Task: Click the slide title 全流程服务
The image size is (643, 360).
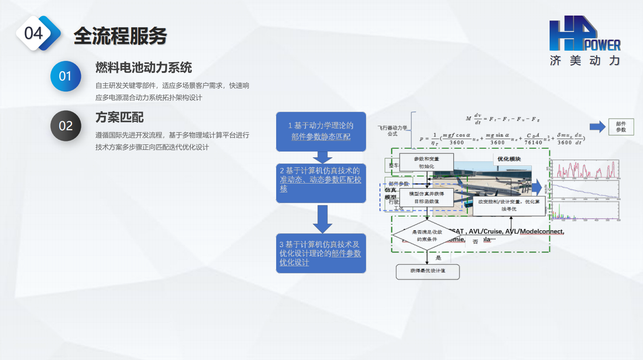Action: (120, 35)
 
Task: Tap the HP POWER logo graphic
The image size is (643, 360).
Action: (583, 34)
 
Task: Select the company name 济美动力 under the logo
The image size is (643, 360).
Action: (584, 61)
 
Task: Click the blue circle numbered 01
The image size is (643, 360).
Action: (65, 76)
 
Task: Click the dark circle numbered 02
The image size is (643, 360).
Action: (65, 126)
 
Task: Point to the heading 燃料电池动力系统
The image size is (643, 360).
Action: (144, 68)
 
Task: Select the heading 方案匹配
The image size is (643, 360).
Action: (120, 117)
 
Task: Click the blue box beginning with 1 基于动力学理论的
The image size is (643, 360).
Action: (321, 131)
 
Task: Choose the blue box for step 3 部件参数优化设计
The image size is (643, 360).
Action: (321, 253)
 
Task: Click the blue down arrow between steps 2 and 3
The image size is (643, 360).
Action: (322, 219)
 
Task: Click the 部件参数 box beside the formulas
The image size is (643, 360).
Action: (621, 127)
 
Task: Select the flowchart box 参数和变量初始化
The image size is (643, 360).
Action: (426, 162)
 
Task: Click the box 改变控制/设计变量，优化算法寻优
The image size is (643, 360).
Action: (509, 205)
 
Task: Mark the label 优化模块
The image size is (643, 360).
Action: (509, 159)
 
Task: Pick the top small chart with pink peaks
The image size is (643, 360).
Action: (585, 168)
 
